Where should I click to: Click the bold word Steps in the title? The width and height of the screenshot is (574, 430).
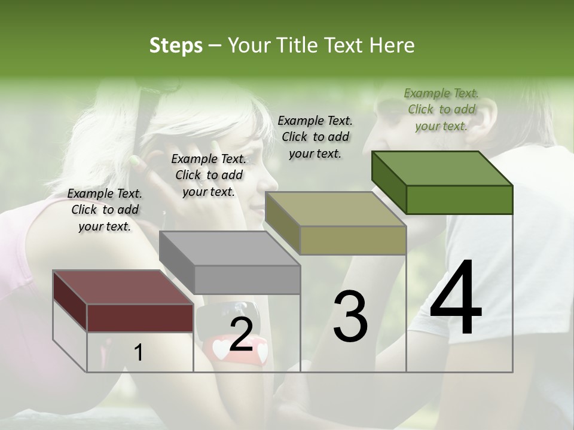[x=176, y=45]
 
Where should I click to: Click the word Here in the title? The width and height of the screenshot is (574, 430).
[x=392, y=45]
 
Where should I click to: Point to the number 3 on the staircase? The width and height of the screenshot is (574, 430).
[x=350, y=316]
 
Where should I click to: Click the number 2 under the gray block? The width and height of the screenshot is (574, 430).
[x=241, y=334]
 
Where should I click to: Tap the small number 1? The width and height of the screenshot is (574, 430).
[x=138, y=353]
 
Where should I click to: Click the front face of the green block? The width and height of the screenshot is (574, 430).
[x=459, y=199]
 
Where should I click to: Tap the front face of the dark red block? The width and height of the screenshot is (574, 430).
[x=140, y=318]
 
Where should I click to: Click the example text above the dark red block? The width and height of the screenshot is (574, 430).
[x=105, y=210]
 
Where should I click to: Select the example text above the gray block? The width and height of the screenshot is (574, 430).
[x=209, y=175]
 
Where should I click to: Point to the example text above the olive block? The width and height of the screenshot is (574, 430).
[x=315, y=137]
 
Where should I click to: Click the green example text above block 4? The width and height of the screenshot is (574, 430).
[x=441, y=109]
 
